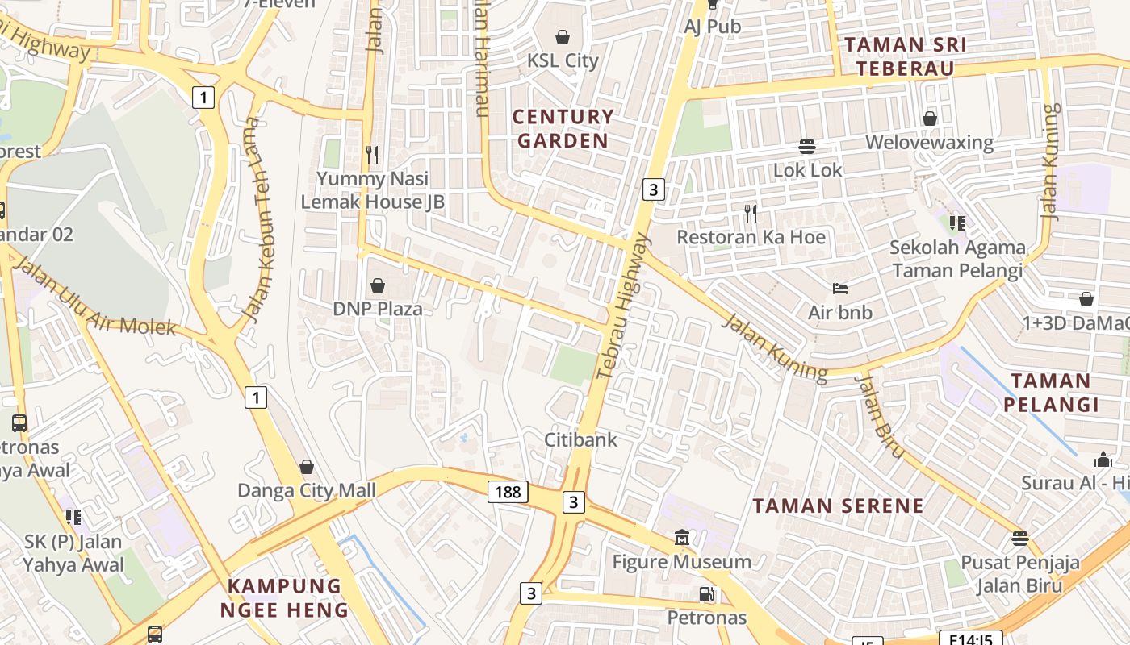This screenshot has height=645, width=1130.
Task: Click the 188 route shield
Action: (x=508, y=491)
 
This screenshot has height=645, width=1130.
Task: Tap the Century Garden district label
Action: (x=563, y=128)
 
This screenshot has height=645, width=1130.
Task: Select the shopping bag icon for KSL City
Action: (x=563, y=37)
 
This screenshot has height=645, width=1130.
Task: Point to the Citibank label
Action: (x=580, y=439)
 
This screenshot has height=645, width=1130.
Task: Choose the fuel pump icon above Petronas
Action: (x=706, y=595)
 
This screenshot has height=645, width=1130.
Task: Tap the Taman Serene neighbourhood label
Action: (x=838, y=506)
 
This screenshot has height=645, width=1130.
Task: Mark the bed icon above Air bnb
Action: (x=840, y=288)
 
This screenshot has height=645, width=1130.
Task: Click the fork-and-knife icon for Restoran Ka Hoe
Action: (x=751, y=213)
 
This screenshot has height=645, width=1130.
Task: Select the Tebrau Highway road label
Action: (x=623, y=306)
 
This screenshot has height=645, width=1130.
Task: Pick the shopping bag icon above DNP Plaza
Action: (x=377, y=285)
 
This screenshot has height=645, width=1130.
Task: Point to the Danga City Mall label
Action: (x=307, y=490)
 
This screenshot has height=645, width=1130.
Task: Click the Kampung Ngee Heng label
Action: (x=284, y=597)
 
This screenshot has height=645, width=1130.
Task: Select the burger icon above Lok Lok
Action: (x=807, y=146)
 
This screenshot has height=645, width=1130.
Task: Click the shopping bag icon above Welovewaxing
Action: (x=930, y=119)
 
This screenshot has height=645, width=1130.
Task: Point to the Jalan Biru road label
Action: (x=880, y=416)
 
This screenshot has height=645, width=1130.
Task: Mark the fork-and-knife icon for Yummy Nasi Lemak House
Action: (x=372, y=154)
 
